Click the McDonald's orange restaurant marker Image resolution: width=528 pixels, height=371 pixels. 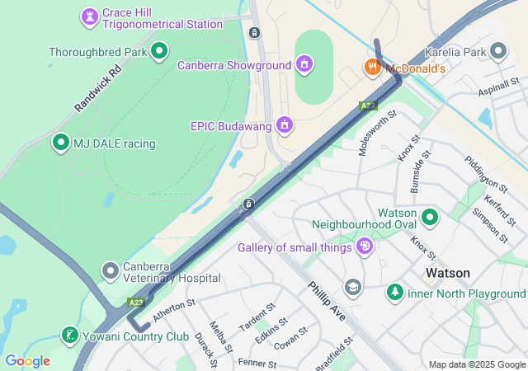(373, 68)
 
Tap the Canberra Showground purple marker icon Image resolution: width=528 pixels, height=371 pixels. (304, 63)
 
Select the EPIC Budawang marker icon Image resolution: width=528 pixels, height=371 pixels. (285, 124)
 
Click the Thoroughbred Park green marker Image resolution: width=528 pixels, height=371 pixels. (159, 51)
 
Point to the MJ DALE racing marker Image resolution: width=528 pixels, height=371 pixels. (60, 143)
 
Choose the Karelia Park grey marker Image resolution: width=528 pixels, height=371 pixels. (497, 51)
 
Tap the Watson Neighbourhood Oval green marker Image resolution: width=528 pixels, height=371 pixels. (429, 218)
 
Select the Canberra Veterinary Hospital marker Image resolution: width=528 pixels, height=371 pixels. (111, 270)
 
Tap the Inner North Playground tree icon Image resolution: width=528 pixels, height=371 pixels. (395, 292)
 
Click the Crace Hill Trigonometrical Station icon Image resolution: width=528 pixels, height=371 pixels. (89, 16)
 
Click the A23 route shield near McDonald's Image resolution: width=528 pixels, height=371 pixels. (368, 106)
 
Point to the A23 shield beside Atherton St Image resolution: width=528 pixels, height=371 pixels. (136, 303)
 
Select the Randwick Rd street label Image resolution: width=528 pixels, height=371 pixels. (97, 88)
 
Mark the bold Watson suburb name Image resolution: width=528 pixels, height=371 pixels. (447, 273)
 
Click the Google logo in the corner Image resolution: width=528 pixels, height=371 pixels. (27, 360)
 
